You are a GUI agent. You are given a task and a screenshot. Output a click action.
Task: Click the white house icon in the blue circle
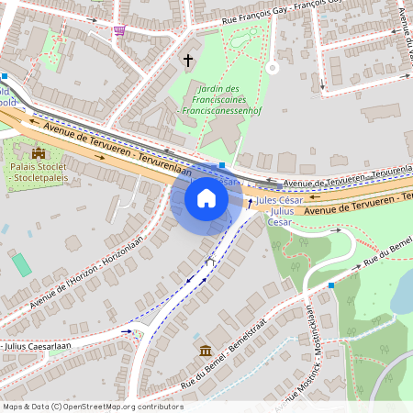click(206, 198)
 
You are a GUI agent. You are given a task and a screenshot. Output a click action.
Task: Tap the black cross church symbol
click(189, 61)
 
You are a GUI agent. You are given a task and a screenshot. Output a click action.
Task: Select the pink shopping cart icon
click(119, 30)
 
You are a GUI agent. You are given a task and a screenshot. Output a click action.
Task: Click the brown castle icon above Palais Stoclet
click(39, 153)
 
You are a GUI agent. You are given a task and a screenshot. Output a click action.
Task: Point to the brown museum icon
click(205, 352)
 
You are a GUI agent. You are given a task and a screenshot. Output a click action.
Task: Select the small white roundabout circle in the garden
click(272, 67)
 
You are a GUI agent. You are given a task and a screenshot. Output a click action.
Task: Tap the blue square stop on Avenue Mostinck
click(330, 285)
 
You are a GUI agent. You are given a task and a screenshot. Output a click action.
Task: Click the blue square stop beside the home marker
click(222, 166)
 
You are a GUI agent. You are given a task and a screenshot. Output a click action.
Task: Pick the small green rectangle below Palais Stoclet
click(20, 264)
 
